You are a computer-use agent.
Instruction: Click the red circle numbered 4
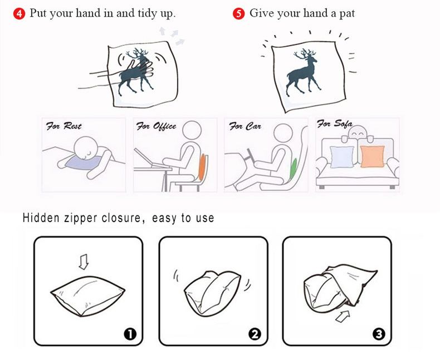coord(19,13)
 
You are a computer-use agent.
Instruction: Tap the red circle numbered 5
coord(238,13)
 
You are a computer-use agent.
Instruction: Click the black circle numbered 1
coord(130,334)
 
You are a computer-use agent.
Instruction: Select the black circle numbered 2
coord(255,334)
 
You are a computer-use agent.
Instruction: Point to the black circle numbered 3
coord(379,334)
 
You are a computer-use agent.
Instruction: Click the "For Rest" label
coord(63,126)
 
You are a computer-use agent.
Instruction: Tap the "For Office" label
coord(156,126)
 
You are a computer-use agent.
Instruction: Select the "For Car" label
coord(245,126)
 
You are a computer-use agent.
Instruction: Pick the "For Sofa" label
coord(335,124)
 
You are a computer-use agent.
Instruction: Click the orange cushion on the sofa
coord(372,156)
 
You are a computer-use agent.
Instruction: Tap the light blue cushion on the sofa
coord(342,157)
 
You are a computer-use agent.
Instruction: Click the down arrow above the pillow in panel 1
coord(84,262)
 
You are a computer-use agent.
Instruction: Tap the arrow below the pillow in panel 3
coord(343,316)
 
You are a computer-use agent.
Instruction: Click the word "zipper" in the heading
coord(81,219)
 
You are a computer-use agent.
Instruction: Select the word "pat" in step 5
coord(347,13)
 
